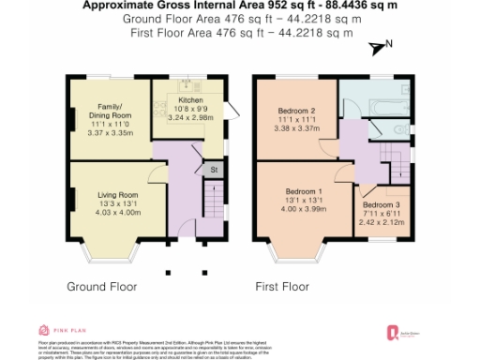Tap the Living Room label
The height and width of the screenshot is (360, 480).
point(118,195)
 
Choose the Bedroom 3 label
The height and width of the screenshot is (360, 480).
point(382,204)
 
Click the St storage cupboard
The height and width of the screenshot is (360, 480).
point(214,170)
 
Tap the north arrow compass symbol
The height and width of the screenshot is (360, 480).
point(379,47)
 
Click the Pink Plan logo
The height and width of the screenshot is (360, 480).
point(59,330)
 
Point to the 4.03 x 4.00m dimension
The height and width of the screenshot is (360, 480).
point(118,212)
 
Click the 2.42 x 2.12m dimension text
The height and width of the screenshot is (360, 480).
point(382,222)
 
